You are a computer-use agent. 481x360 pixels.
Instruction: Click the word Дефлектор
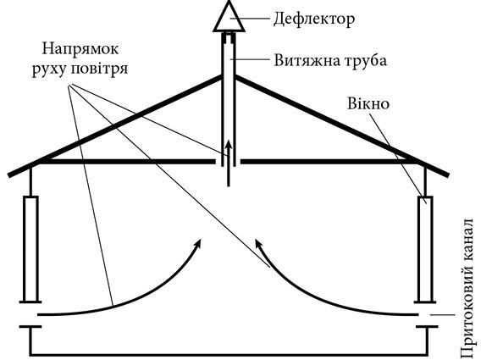click(x=314, y=19)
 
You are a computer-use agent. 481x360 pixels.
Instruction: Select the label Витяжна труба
click(x=330, y=60)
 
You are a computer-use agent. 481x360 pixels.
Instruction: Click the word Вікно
click(x=368, y=103)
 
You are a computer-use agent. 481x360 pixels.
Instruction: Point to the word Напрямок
click(x=80, y=50)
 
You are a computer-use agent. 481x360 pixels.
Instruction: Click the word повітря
click(x=99, y=69)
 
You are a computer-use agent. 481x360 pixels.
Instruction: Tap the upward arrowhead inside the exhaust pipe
click(x=229, y=145)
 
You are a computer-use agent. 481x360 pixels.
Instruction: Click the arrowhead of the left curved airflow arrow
click(x=198, y=244)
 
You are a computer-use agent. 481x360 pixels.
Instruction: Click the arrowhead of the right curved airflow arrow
click(x=259, y=244)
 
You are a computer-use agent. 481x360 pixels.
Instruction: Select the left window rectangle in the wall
click(x=30, y=249)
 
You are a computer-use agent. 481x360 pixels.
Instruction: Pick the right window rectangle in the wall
click(x=425, y=249)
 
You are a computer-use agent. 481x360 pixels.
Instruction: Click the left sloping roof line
click(x=114, y=126)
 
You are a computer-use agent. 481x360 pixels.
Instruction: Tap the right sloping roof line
click(x=342, y=126)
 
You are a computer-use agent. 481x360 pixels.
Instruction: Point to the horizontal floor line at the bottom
click(x=229, y=355)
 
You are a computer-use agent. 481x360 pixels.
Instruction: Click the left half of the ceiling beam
click(x=127, y=162)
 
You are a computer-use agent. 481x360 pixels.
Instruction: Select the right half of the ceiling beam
click(x=329, y=162)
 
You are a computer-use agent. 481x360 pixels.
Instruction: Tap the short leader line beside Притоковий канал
click(x=442, y=315)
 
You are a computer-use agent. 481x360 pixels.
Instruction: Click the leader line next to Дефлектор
click(x=250, y=19)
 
